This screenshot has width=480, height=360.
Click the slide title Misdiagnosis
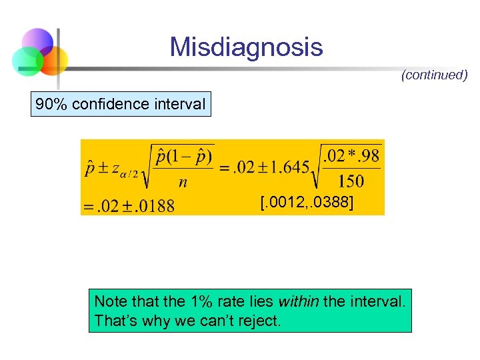point(246,47)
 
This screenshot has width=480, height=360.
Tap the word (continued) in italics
point(434,75)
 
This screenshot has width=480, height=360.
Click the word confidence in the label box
point(111,104)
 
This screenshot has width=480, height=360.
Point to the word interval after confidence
point(179,104)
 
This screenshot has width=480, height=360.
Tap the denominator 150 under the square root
point(351,180)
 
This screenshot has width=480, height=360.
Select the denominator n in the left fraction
point(182,181)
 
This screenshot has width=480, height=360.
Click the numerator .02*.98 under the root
point(351,156)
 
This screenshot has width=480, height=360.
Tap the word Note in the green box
point(109,302)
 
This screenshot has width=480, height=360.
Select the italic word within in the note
point(297,302)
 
